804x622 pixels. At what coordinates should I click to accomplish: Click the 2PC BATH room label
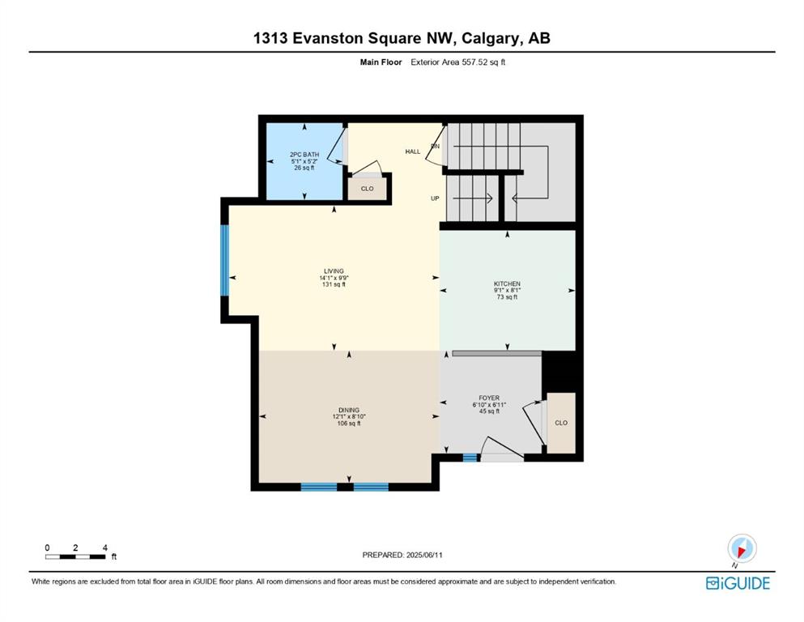304,155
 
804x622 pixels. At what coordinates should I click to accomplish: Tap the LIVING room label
334,271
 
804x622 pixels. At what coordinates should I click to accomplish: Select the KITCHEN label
507,283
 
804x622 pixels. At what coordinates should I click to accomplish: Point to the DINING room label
349,410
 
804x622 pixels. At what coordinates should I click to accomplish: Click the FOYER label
489,398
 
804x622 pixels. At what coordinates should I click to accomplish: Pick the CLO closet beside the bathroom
367,189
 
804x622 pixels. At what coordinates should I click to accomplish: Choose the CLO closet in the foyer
561,423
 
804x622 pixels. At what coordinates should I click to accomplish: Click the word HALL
413,151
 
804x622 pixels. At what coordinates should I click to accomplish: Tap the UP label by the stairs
435,198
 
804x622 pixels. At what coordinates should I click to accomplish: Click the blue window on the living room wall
224,261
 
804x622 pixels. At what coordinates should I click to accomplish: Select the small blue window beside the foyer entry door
470,458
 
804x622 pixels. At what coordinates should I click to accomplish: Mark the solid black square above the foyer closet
559,372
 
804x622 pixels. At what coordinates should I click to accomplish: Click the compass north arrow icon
742,548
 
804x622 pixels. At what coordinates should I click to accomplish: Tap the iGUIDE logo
738,583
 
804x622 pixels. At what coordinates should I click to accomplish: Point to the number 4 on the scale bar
105,547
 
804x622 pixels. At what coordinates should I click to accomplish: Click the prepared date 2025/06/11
424,555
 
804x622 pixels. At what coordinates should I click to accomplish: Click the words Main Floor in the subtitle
381,62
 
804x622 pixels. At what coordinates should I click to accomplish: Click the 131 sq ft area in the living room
334,284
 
